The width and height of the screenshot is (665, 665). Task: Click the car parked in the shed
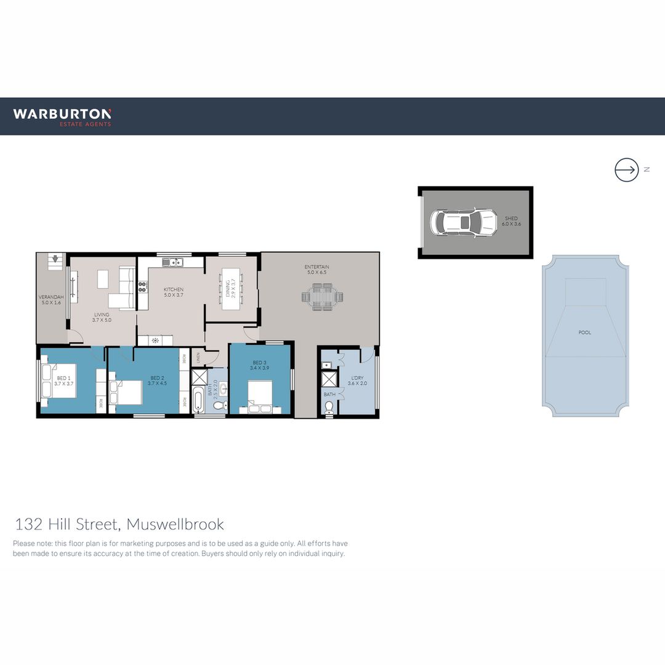click(463, 222)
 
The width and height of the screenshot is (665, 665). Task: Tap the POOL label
click(584, 332)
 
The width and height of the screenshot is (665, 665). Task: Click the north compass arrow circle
click(626, 169)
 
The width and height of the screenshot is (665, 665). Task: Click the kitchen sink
click(174, 262)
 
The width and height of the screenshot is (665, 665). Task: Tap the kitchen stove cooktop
click(142, 286)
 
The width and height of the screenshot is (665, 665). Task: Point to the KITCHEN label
click(173, 289)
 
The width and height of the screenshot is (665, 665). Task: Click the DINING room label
click(229, 287)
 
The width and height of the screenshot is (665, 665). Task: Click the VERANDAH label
click(51, 300)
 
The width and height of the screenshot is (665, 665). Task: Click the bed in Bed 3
click(260, 395)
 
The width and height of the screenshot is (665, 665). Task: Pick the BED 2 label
click(157, 378)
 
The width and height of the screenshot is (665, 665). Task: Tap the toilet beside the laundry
click(329, 406)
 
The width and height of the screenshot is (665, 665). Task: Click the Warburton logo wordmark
click(62, 113)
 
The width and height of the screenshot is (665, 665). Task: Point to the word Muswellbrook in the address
click(175, 525)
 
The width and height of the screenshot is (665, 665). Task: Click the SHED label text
click(511, 219)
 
